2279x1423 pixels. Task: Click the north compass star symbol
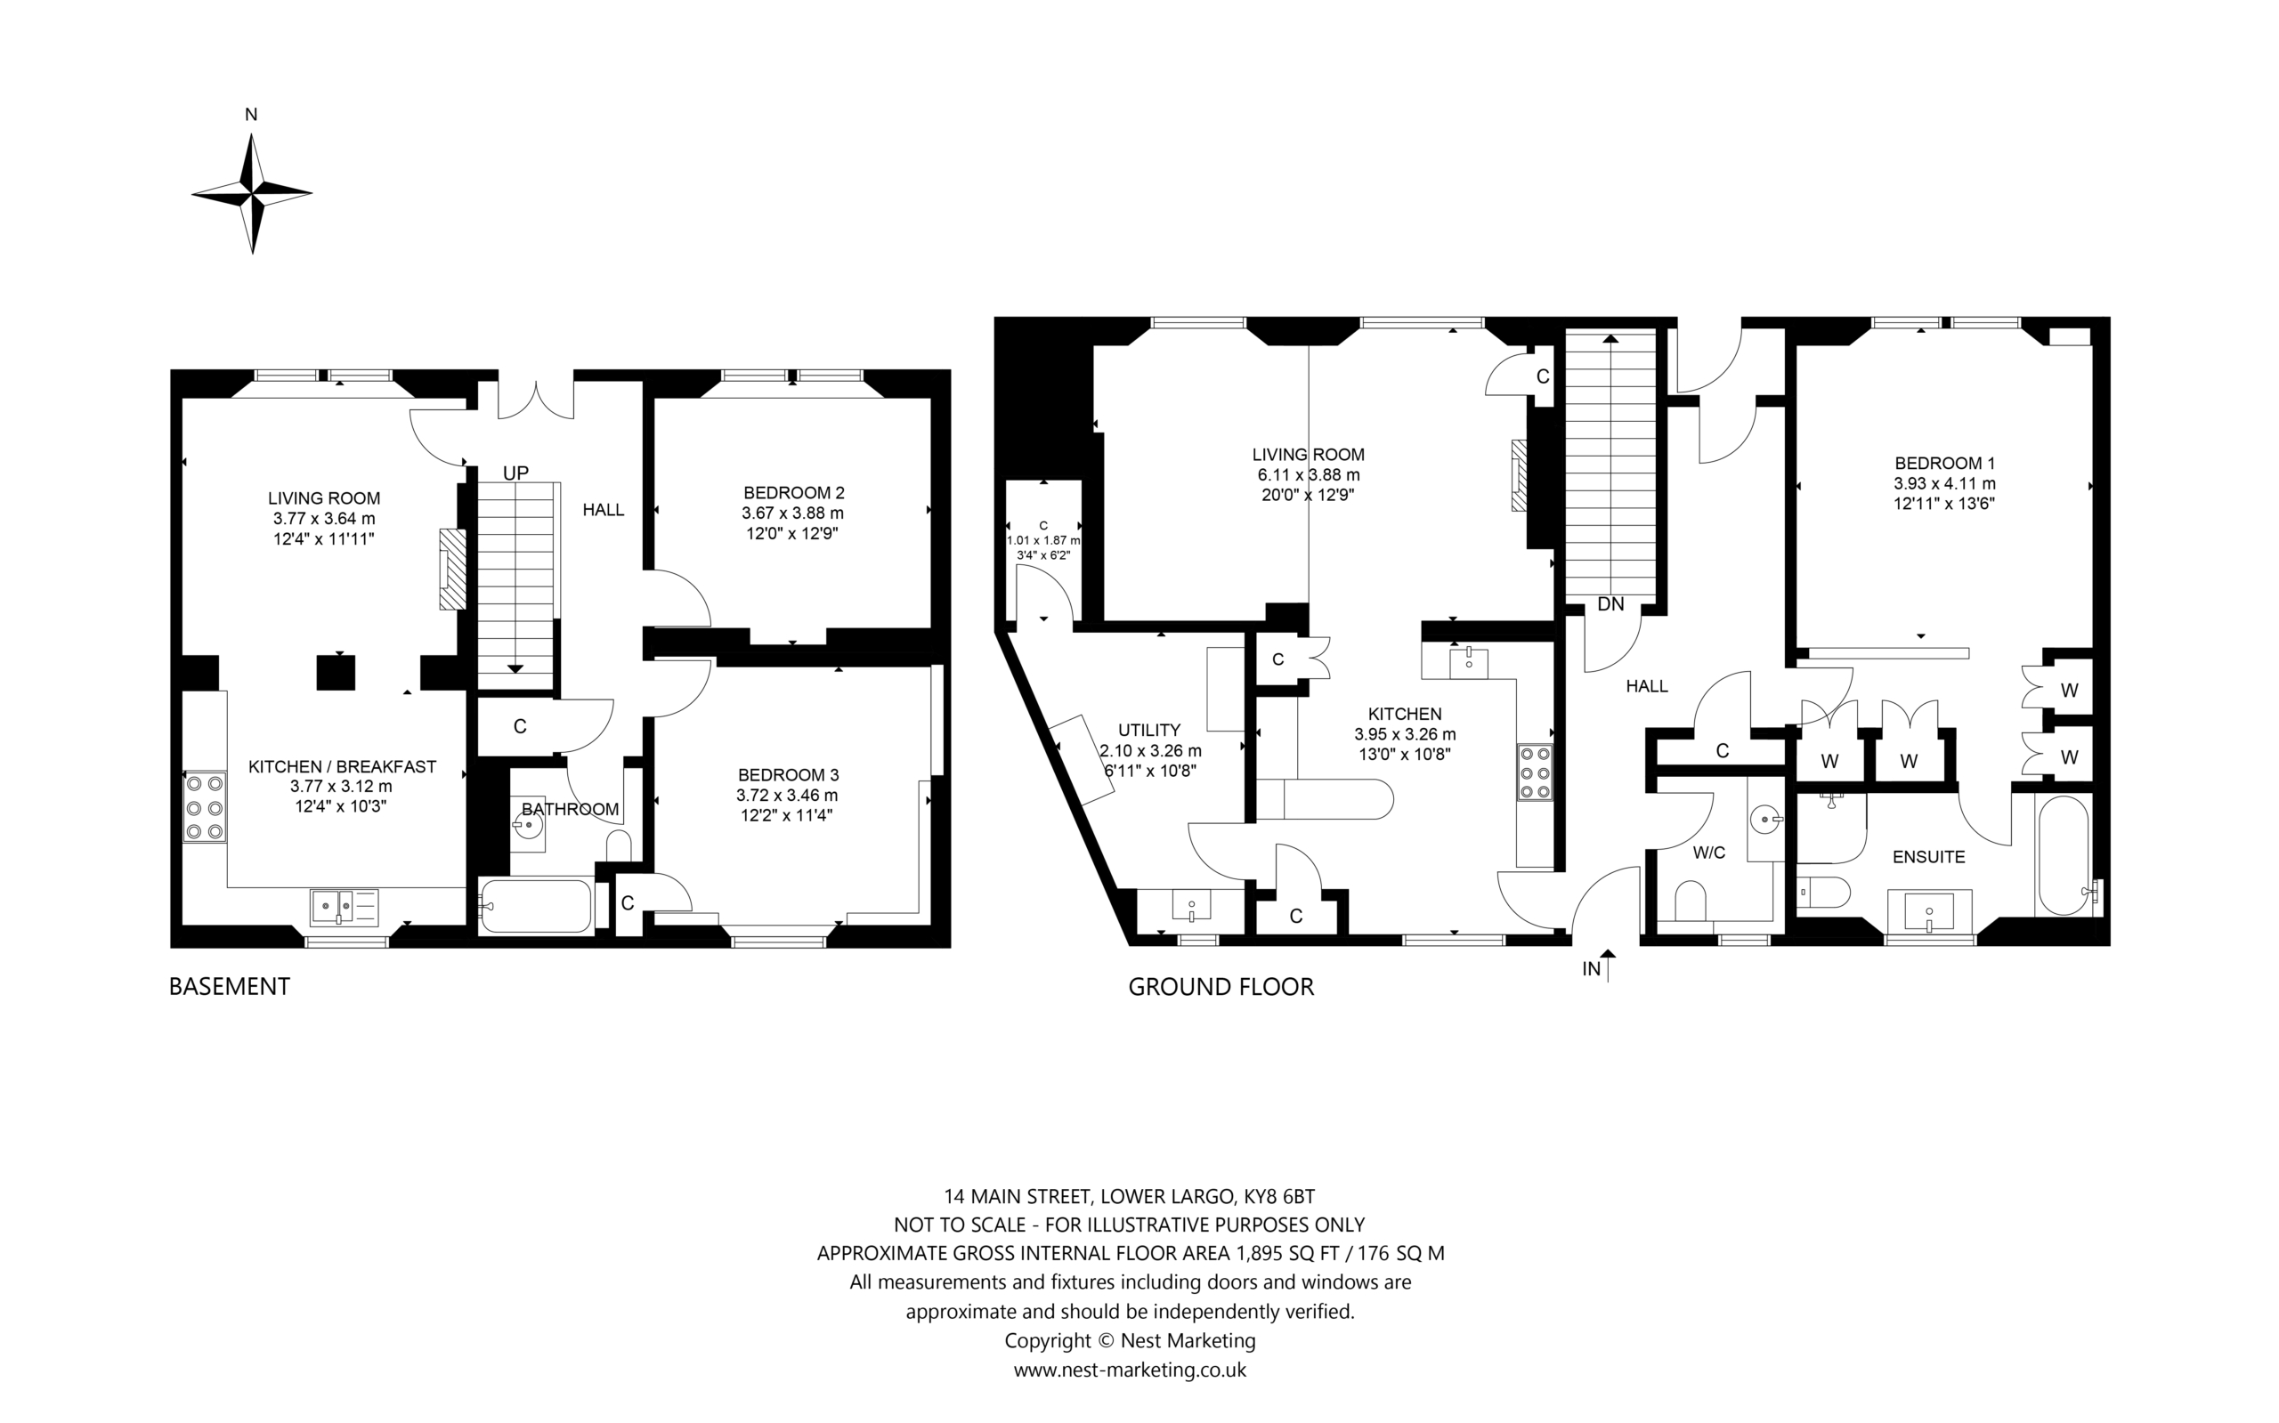(x=251, y=194)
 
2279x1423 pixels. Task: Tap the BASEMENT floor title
(x=229, y=986)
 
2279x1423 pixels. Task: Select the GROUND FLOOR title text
(x=1221, y=986)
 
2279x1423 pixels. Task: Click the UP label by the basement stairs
(x=515, y=473)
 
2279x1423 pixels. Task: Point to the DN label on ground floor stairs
(x=1610, y=604)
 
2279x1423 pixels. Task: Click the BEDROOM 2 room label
(x=793, y=492)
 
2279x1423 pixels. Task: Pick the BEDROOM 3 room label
(x=788, y=774)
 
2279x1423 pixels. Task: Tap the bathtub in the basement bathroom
(x=535, y=905)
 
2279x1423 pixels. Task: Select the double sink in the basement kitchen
(x=344, y=906)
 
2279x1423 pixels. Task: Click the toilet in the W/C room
(x=1691, y=901)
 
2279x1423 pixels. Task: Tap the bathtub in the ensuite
(x=2064, y=855)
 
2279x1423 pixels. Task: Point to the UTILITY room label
(x=1149, y=731)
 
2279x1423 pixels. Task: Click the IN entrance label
(x=1592, y=968)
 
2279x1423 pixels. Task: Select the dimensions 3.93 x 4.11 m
(x=1945, y=484)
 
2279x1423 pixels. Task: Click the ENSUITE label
(x=1929, y=856)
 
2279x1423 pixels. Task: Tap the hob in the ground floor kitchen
(x=1535, y=772)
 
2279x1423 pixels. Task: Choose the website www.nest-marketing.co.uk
(x=1130, y=1370)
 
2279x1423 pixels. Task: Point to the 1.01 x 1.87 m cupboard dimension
(x=1043, y=541)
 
